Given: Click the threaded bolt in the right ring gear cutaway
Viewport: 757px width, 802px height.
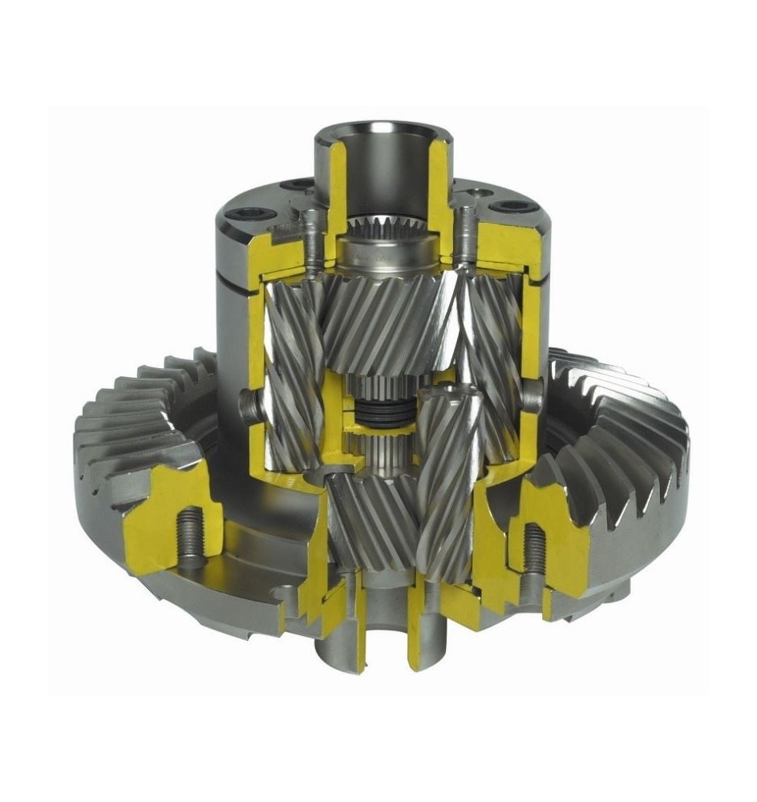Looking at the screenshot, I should coord(534,553).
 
